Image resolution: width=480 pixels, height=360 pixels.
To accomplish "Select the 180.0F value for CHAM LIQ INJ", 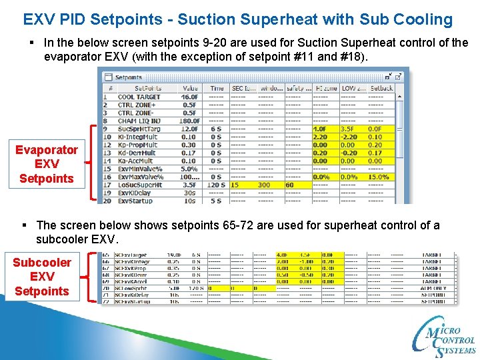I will [x=190, y=121].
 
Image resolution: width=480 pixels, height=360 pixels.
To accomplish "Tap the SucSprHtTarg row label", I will [x=139, y=129].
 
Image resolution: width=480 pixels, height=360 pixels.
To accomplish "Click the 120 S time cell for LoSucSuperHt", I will [x=216, y=185].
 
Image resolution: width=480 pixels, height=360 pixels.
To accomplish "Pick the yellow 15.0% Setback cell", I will [x=380, y=177].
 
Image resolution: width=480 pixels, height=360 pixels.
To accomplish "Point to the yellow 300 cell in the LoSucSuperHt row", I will [x=264, y=185].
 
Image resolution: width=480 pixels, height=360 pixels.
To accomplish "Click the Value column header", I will [x=190, y=88].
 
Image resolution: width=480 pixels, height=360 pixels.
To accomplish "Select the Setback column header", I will [x=381, y=88].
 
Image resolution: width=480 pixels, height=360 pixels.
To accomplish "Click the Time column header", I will [x=217, y=88].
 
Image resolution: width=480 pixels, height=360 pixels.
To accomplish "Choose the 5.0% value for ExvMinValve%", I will [x=189, y=169].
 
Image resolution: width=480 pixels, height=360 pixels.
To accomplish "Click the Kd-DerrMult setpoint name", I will [x=136, y=153].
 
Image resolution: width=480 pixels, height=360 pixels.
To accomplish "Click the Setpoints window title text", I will [x=128, y=77].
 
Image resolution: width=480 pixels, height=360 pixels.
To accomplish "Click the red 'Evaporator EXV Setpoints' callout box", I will [x=47, y=164].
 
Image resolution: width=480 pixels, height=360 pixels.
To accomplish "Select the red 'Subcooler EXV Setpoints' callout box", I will [x=41, y=277].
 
